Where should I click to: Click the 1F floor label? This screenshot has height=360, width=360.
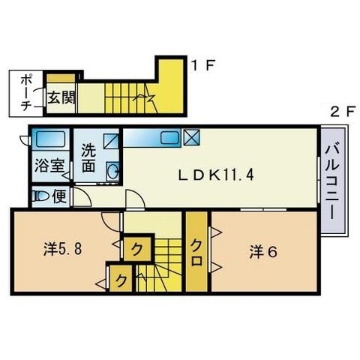point(202,65)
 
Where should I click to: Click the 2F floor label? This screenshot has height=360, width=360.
point(343,112)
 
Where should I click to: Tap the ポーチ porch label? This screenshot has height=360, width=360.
point(25,94)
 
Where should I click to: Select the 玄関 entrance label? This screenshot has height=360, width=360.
point(61,97)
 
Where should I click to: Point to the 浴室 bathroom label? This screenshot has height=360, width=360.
point(49,166)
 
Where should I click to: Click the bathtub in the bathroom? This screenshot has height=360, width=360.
point(50,139)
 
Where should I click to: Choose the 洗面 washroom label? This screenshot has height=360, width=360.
point(88,157)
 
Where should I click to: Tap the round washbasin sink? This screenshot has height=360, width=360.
point(112,171)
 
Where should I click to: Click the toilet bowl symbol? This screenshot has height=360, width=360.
point(41,196)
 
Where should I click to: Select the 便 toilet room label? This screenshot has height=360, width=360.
point(59,196)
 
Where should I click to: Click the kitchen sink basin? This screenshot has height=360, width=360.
point(169,137)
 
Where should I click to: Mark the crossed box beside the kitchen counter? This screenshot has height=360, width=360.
point(191,137)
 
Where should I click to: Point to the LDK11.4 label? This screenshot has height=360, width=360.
point(216,175)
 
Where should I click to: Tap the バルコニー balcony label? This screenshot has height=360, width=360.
point(332,182)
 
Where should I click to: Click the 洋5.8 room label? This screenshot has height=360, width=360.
point(63,249)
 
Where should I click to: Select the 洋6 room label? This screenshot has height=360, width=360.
point(263,252)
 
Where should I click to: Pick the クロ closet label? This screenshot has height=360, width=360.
point(196,253)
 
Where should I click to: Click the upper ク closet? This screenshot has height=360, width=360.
point(137,249)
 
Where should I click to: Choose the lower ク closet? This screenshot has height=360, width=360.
point(121,278)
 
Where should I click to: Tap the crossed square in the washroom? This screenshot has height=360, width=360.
point(111,141)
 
